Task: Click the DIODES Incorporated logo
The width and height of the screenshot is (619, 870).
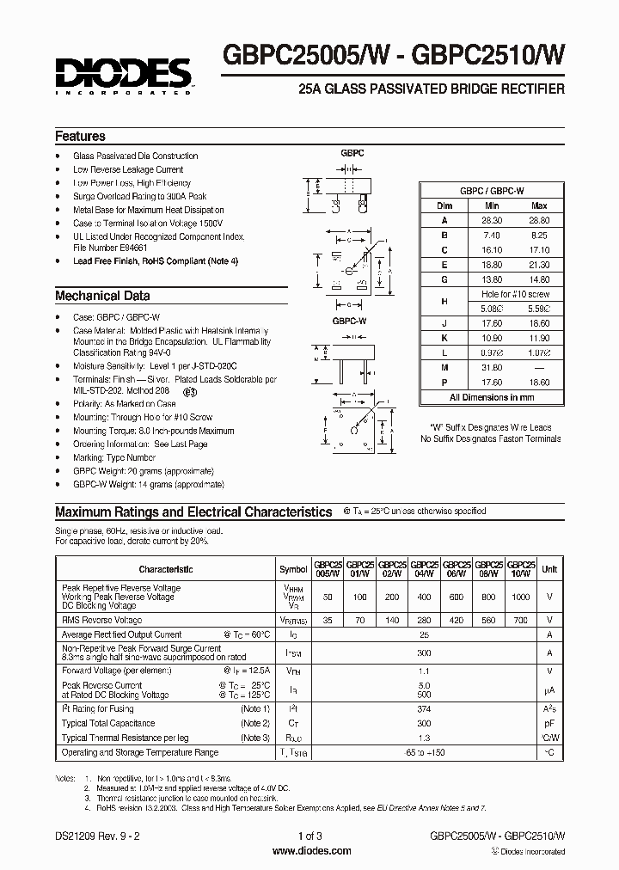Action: point(123,74)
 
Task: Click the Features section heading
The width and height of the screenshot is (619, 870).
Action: point(80,136)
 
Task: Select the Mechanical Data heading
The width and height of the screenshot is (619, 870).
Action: point(102,296)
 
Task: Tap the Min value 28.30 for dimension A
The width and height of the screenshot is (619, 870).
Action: point(492,220)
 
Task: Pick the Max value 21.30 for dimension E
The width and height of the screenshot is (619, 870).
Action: point(539,266)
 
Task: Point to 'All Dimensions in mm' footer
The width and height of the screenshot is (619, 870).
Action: point(492,397)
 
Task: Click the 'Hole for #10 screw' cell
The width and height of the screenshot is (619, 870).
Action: point(516,295)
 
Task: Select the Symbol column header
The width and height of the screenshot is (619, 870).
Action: point(293,569)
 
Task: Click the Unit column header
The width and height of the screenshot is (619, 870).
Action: point(549,569)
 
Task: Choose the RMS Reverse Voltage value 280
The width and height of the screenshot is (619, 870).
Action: point(425,620)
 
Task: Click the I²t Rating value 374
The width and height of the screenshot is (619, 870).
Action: point(423,709)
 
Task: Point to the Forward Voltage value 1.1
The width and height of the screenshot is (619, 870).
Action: point(423,671)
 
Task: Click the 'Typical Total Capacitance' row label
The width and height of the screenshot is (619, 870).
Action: point(108,724)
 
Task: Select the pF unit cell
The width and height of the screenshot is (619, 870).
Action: point(549,724)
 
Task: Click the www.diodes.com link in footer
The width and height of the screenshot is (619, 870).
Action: point(311,852)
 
